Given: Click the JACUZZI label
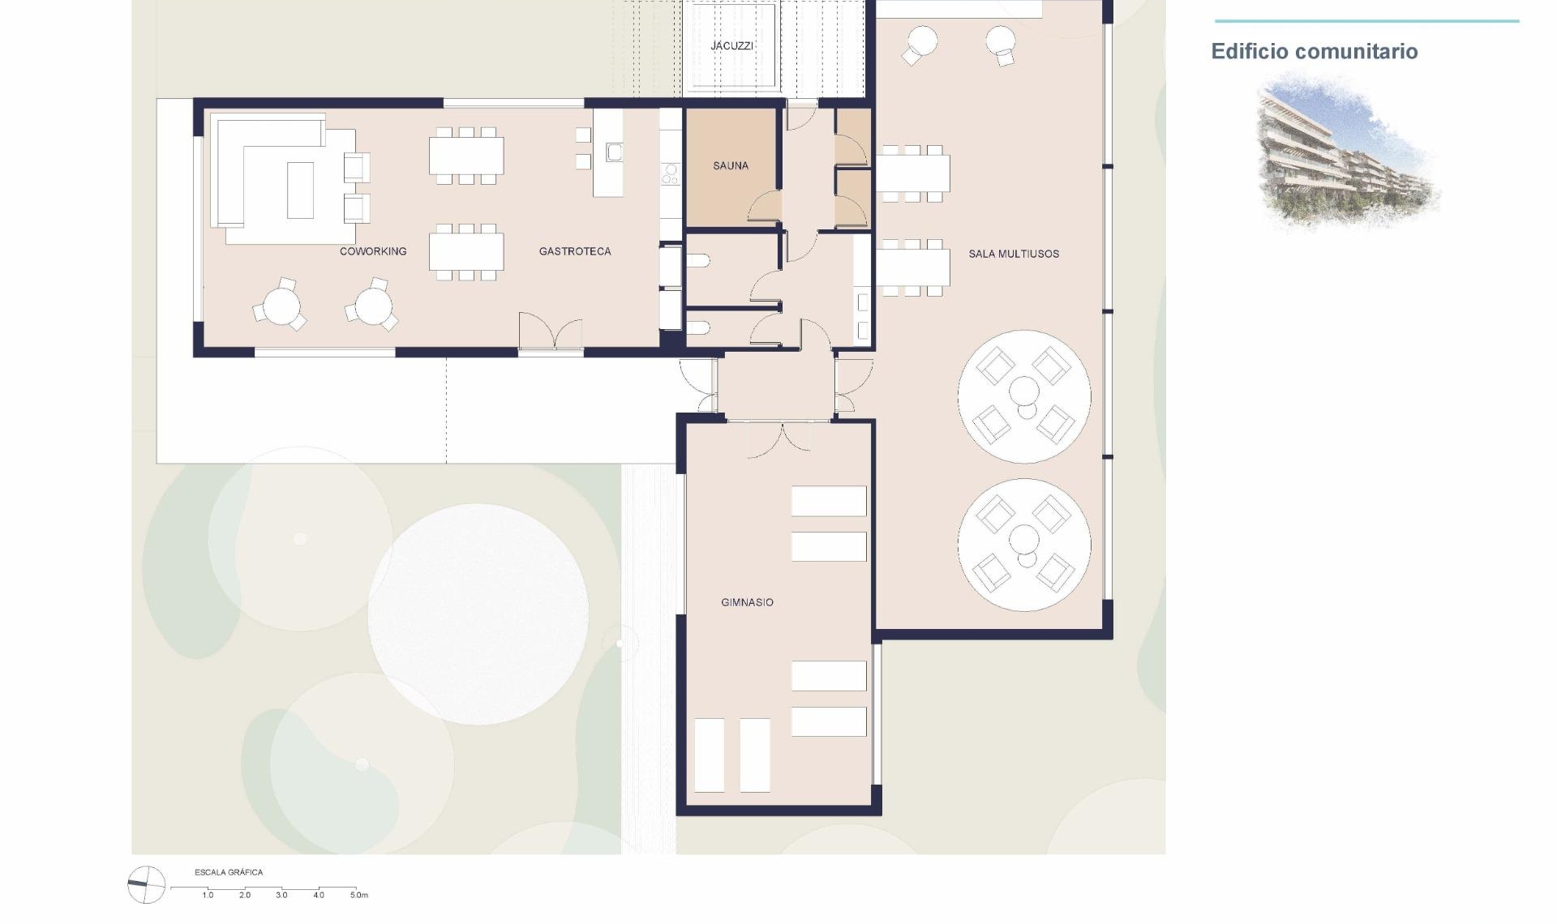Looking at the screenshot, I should [x=731, y=46].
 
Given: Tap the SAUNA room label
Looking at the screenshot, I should [x=730, y=166].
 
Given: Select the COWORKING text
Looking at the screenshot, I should [x=373, y=252].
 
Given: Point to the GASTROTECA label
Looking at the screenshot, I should [x=575, y=252].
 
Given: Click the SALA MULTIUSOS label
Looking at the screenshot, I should [x=1014, y=255].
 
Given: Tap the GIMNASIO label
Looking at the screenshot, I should [x=747, y=603].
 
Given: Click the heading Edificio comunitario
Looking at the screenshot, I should [x=1314, y=52].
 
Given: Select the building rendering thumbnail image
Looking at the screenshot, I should [x=1346, y=150].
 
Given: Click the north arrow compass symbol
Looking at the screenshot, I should [x=146, y=884].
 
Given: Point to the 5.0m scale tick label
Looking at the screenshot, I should [x=358, y=896].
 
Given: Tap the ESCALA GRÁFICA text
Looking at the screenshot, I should [x=229, y=873].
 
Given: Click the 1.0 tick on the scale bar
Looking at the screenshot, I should [x=208, y=896].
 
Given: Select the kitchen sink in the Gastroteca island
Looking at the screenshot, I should [x=614, y=152].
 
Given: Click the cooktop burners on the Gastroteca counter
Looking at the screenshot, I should [x=671, y=174].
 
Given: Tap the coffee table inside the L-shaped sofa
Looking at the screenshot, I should [x=300, y=190].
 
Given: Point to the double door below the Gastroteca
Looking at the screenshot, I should [x=551, y=332].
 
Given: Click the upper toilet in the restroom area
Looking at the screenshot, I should [x=699, y=261].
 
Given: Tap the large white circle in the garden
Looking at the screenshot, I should [x=478, y=614].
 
